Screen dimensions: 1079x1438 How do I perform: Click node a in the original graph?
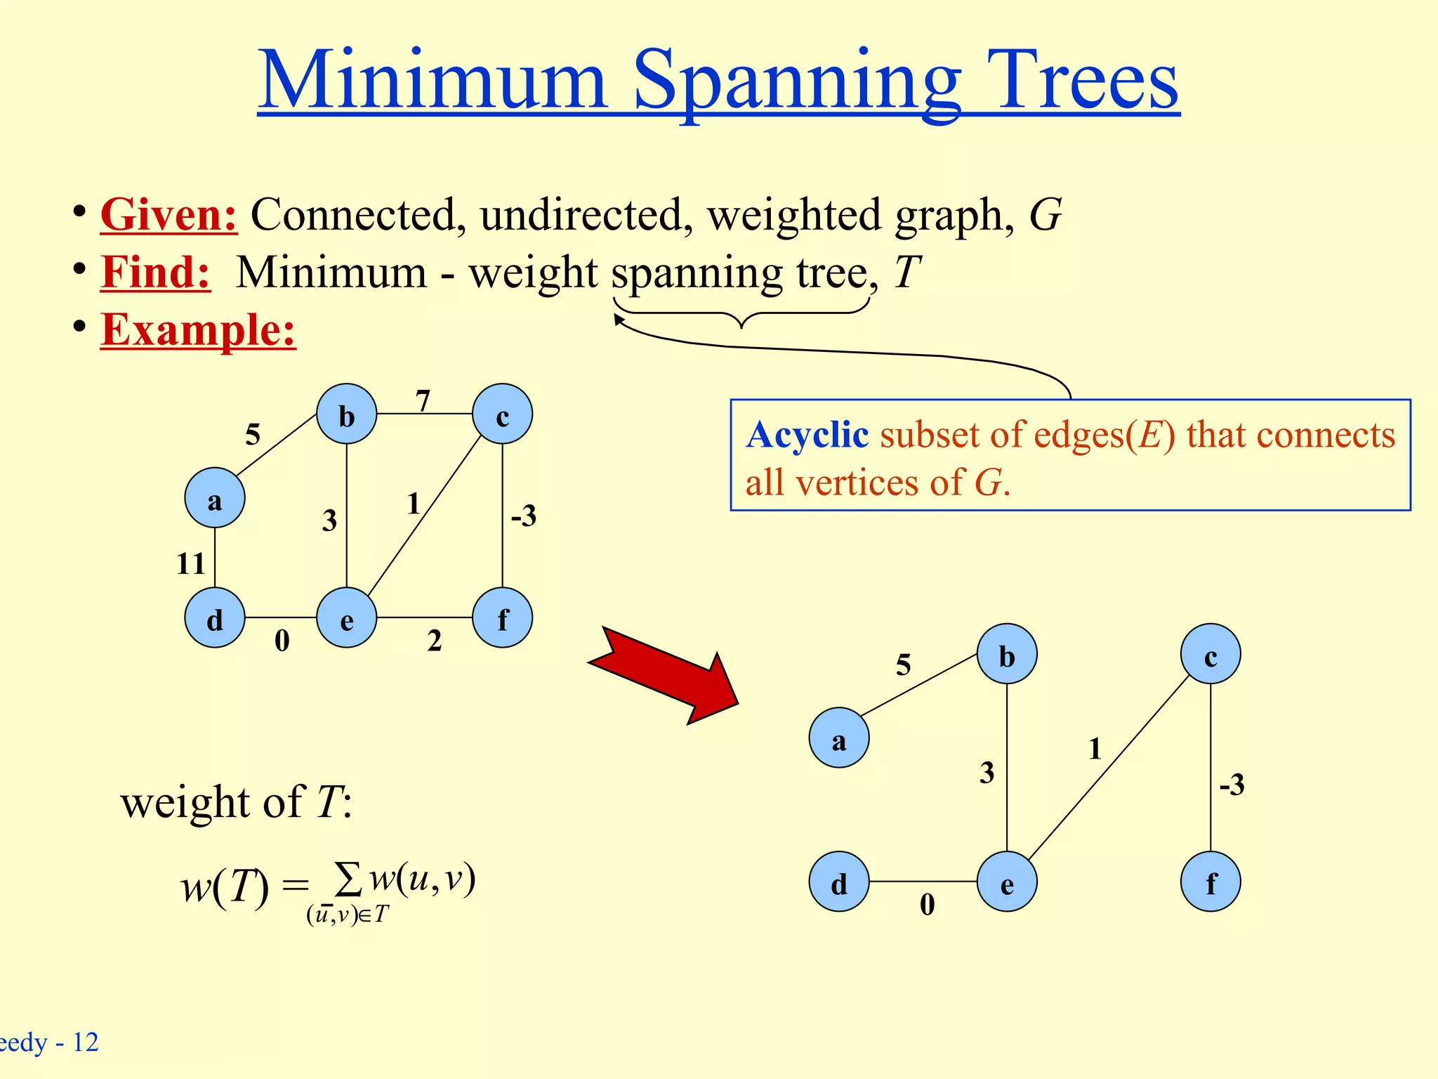[x=215, y=498]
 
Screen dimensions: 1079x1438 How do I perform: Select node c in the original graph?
[x=503, y=414]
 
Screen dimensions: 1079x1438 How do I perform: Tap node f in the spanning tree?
[x=1211, y=882]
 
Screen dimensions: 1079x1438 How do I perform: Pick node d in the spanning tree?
[x=839, y=882]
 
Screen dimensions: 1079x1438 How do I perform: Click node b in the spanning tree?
[x=1007, y=654]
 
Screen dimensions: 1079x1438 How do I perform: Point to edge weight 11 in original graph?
[x=190, y=563]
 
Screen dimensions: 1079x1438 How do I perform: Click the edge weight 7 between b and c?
[x=423, y=401]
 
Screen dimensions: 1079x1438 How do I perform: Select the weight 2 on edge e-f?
[x=435, y=641]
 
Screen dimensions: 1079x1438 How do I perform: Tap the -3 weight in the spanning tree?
[x=1232, y=784]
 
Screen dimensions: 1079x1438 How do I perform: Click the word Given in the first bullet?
[x=169, y=214]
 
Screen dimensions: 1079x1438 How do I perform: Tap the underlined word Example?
[x=198, y=329]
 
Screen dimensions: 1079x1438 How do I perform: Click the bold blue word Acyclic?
[x=807, y=435]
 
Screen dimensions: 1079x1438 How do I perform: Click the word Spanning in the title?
[x=798, y=81]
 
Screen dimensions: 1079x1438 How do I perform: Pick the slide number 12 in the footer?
[x=86, y=1042]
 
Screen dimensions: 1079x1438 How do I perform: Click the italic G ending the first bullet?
[x=1045, y=214]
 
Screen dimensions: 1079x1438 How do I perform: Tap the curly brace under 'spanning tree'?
[x=741, y=314]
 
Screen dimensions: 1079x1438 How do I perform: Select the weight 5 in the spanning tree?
[x=904, y=665]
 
